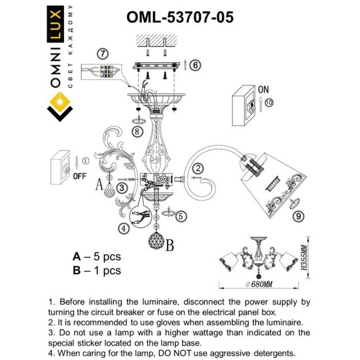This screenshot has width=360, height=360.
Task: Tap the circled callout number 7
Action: pos(101,53)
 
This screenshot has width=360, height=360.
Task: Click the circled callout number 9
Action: pos(297,215)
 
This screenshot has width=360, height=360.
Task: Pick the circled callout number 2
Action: pos(198,168)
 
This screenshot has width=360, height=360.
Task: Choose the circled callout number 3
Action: pos(122,188)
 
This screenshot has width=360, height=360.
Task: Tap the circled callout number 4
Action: pos(123,228)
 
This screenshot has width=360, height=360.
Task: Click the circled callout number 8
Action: pos(136,132)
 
